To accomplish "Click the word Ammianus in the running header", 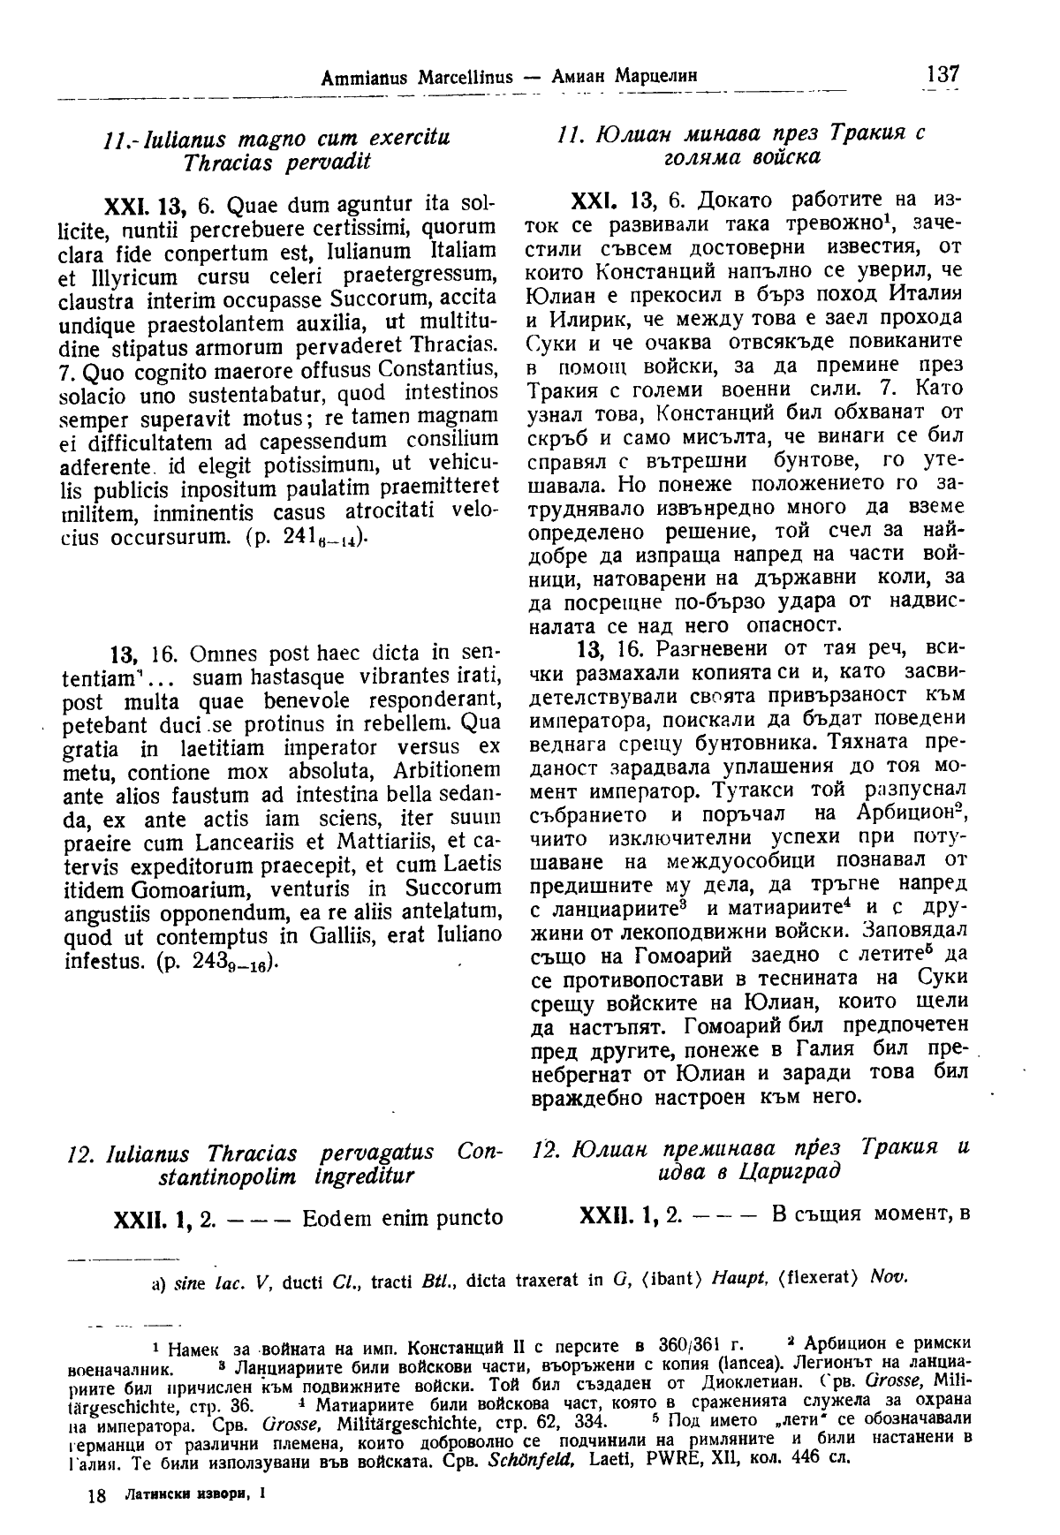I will click(x=358, y=77).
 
